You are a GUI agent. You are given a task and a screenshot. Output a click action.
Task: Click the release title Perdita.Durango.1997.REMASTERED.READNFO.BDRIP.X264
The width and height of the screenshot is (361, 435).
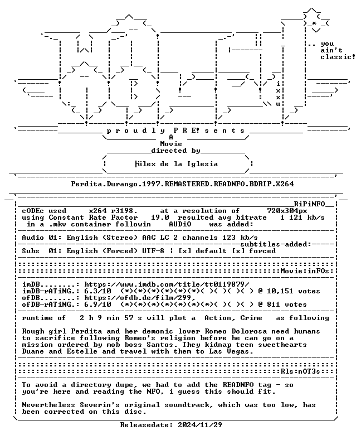pyautogui.click(x=182, y=184)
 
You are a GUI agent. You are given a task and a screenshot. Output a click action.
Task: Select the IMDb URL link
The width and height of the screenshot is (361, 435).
pyautogui.click(x=167, y=284)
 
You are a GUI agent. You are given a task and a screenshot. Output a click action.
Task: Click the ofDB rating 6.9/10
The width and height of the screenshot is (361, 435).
pyautogui.click(x=97, y=304)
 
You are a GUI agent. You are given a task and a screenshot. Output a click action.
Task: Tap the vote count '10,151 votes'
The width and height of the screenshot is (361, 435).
pyautogui.click(x=294, y=291)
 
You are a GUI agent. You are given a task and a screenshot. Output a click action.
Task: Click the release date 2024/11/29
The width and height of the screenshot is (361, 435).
pyautogui.click(x=200, y=425)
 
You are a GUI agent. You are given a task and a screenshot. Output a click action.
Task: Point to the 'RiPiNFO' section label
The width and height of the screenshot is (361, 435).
pyautogui.click(x=309, y=204)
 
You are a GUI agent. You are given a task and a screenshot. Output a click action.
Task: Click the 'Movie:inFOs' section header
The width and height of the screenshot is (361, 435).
pyautogui.click(x=305, y=271)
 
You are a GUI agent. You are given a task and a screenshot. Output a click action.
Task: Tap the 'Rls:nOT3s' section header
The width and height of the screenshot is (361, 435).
pyautogui.click(x=300, y=371)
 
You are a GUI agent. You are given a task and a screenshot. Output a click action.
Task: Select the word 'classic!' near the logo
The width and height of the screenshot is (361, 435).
pyautogui.click(x=338, y=57)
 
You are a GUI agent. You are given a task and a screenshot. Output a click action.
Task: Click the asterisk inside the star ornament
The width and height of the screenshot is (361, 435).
pyautogui.click(x=314, y=23)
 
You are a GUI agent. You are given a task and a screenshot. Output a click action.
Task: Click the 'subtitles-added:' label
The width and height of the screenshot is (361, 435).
pyautogui.click(x=276, y=244)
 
